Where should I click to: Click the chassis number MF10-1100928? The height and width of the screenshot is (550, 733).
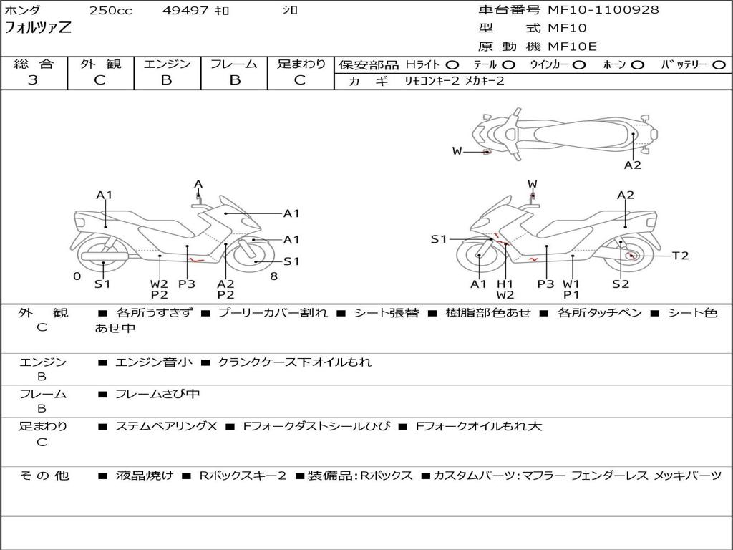click(x=603, y=10)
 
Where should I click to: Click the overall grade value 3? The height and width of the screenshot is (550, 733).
click(x=33, y=80)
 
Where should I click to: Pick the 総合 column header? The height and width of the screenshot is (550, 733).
click(x=33, y=64)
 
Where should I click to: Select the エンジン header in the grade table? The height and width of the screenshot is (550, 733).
click(x=167, y=64)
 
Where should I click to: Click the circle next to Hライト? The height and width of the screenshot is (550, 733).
click(x=452, y=65)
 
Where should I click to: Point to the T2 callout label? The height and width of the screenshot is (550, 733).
click(x=680, y=256)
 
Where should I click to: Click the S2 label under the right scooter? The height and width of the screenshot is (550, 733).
click(x=620, y=284)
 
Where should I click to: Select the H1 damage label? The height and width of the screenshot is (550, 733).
click(x=505, y=284)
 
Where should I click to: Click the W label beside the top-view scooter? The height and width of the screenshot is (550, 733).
click(x=457, y=150)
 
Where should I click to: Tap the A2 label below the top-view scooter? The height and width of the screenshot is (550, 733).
click(x=632, y=165)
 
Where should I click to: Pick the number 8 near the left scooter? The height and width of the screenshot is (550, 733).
click(x=273, y=276)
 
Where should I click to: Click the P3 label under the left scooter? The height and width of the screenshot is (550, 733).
click(x=186, y=284)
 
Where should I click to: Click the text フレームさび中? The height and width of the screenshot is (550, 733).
click(x=157, y=394)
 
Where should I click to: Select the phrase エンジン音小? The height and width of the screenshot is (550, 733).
click(x=153, y=362)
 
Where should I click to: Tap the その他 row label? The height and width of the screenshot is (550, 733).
click(x=44, y=476)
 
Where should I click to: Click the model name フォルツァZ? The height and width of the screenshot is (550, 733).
click(x=38, y=29)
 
